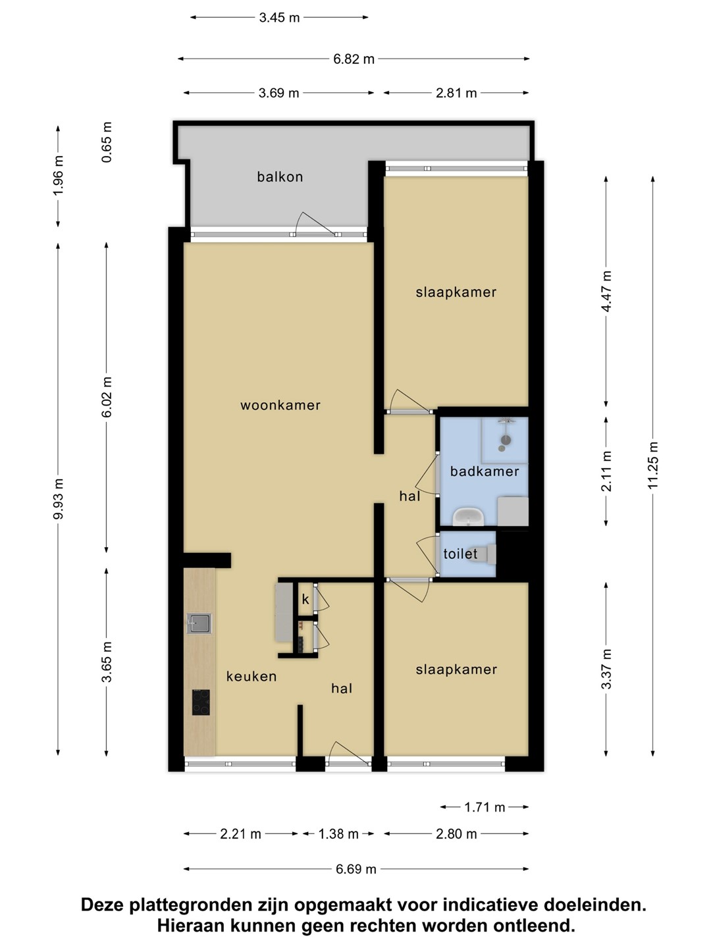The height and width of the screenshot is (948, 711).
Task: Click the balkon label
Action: (280, 176)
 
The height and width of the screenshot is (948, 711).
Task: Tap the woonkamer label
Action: (280, 405)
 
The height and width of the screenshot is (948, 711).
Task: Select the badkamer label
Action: (485, 471)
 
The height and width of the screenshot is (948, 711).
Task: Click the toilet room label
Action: (460, 554)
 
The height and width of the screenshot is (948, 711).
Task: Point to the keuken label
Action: (251, 676)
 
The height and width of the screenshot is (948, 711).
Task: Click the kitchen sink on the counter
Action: (199, 623)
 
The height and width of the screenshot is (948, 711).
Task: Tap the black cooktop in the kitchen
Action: (201, 702)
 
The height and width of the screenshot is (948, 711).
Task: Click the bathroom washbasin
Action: (468, 517)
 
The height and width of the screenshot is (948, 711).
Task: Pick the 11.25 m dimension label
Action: (652, 465)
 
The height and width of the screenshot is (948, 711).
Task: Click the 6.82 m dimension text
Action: (354, 59)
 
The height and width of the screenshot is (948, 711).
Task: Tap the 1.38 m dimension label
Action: (338, 834)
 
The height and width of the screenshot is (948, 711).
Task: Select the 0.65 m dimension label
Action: (106, 142)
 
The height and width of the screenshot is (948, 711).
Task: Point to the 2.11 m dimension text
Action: (606, 471)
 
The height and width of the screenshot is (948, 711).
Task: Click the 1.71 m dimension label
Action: (485, 807)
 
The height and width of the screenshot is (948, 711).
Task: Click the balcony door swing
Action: (314, 224)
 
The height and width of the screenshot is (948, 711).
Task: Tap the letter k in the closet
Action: (305, 600)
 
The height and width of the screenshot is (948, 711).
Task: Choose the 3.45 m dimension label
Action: (279, 18)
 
